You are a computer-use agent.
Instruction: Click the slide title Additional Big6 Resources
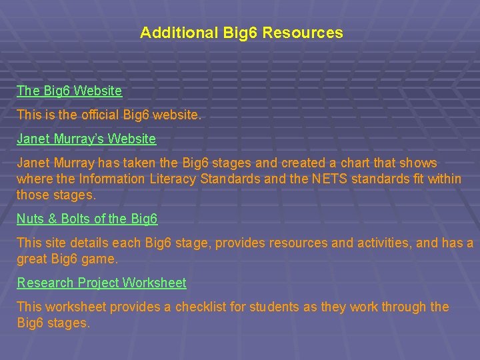click(x=241, y=33)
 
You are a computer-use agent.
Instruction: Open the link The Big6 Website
click(x=69, y=90)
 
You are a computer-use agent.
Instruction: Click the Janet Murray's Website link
click(x=86, y=139)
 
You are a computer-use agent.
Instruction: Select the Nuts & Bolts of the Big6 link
click(x=87, y=219)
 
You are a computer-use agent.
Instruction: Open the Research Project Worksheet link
click(x=101, y=283)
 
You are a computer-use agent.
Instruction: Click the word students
click(x=275, y=307)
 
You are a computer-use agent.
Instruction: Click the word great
click(x=31, y=258)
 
